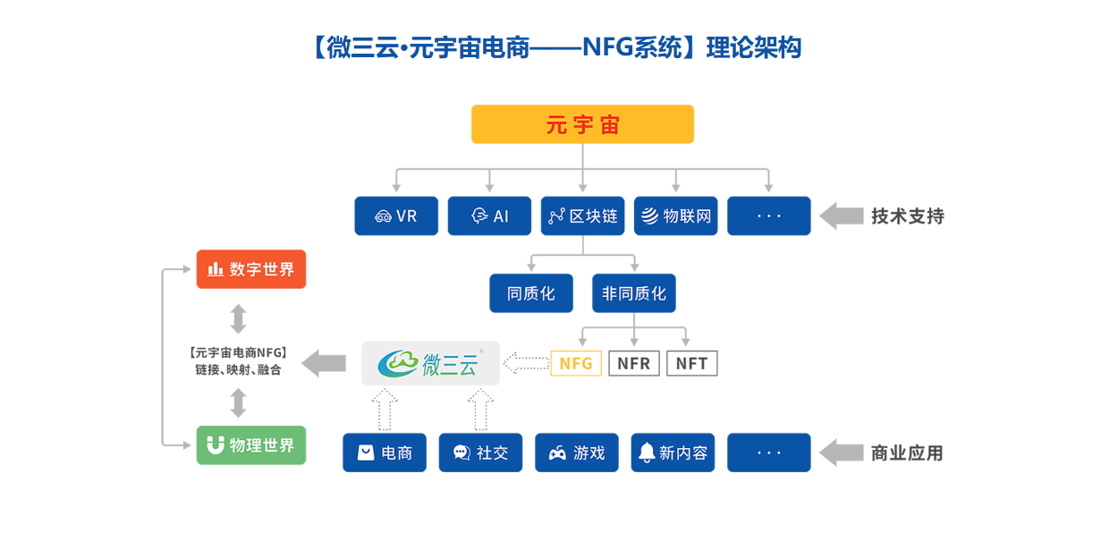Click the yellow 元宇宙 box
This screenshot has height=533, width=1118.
tap(582, 124)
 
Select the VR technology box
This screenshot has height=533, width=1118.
tap(396, 216)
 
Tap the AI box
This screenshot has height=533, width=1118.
tap(489, 216)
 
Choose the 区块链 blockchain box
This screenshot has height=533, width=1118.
tap(582, 216)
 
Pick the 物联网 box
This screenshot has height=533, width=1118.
tap(676, 216)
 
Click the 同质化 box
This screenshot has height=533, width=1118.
tap(531, 293)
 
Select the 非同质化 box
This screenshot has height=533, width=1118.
tap(634, 293)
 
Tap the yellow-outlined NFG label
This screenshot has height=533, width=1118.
tap(576, 363)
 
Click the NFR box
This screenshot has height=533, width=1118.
tap(634, 363)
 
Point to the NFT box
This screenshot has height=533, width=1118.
tap(691, 363)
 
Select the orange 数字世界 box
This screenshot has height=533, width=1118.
tap(251, 269)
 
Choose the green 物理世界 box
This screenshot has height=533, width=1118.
tap(251, 445)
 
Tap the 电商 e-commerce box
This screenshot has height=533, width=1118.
tap(385, 453)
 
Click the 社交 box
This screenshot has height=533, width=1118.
tap(480, 453)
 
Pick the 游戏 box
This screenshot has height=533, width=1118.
tap(577, 453)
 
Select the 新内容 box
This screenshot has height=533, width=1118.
tap(673, 453)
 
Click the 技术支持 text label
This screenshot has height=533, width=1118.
tap(908, 216)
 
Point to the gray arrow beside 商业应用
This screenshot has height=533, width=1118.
tap(842, 453)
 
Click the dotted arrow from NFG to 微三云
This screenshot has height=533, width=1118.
tap(526, 363)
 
